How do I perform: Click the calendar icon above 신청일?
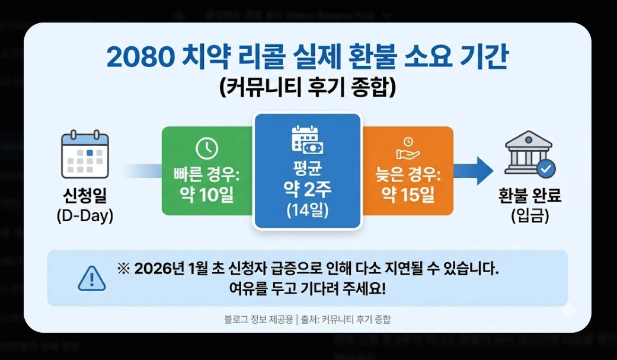click(85, 153)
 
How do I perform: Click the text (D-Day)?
click(85, 216)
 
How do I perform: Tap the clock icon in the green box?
click(206, 148)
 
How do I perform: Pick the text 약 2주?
click(307, 189)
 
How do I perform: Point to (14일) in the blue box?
click(307, 210)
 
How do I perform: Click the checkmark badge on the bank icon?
click(546, 169)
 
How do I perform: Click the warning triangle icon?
click(92, 278)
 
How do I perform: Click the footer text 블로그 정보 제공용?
click(258, 319)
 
